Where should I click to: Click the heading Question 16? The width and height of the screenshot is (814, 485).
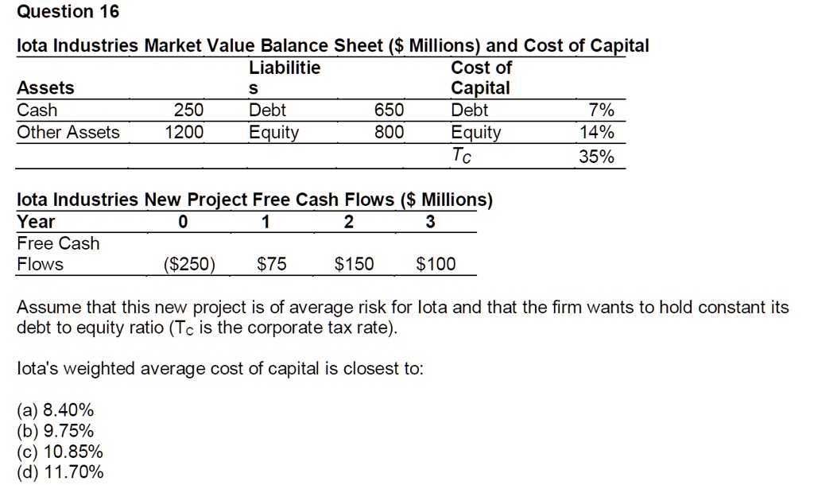pyautogui.click(x=68, y=12)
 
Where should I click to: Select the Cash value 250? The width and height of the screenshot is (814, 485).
pyautogui.click(x=189, y=111)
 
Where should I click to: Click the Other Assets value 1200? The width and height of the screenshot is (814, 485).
pyautogui.click(x=184, y=132)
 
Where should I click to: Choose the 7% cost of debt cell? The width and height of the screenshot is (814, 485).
pyautogui.click(x=602, y=111)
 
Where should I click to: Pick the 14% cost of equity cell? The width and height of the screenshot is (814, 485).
pyautogui.click(x=598, y=132)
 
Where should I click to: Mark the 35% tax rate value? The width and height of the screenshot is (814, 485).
pyautogui.click(x=597, y=157)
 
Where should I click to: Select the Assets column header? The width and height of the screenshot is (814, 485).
pyautogui.click(x=45, y=87)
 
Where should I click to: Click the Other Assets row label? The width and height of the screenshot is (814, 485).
pyautogui.click(x=68, y=132)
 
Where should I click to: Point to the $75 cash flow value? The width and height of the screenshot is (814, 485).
pyautogui.click(x=273, y=264)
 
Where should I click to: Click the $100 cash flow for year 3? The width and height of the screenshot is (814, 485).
pyautogui.click(x=436, y=264)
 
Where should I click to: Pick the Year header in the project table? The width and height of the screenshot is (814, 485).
pyautogui.click(x=37, y=222)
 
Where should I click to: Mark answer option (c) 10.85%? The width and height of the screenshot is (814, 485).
pyautogui.click(x=60, y=452)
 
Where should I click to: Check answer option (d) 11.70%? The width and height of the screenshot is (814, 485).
pyautogui.click(x=60, y=473)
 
